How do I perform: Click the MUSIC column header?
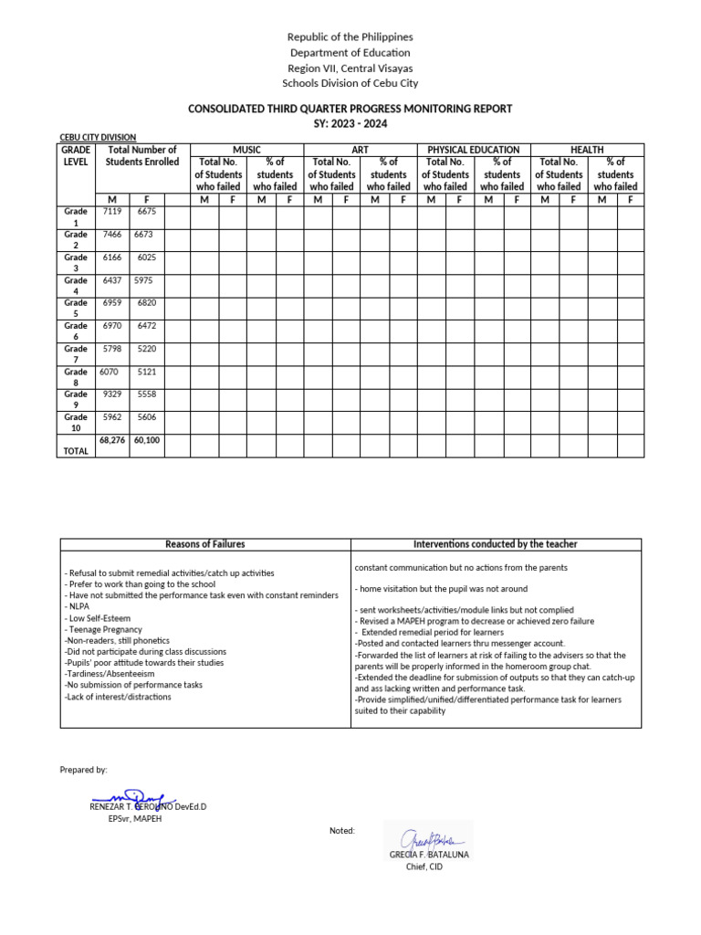click(246, 150)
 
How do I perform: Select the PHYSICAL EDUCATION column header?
click(473, 150)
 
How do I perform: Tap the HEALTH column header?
click(587, 150)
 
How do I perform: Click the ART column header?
click(360, 150)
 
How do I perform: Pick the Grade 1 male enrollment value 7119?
click(112, 212)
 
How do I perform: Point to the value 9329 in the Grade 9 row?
click(112, 394)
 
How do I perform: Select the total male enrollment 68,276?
click(111, 440)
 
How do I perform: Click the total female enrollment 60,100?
click(147, 440)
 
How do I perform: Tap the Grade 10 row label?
click(76, 423)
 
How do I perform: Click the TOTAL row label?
click(76, 451)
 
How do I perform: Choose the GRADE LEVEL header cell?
click(76, 156)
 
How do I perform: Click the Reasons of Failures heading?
click(204, 544)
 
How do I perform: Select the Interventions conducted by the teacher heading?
click(496, 544)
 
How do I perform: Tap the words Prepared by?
click(83, 771)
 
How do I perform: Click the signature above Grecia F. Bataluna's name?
click(427, 838)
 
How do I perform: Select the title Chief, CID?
click(424, 867)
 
